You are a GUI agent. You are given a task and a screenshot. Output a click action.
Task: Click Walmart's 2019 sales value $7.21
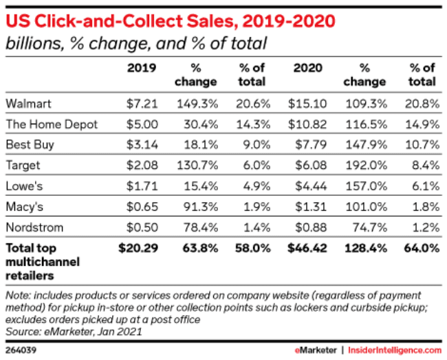tap(142, 103)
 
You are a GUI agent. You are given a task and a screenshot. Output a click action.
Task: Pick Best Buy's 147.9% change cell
tap(368, 145)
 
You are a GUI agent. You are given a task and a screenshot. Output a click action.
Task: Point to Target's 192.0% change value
tap(368, 166)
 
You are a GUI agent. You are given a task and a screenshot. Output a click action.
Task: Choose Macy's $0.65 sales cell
tap(141, 207)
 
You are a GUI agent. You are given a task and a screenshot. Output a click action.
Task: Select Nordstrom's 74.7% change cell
tap(369, 227)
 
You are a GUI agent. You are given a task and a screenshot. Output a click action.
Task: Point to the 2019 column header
tap(142, 69)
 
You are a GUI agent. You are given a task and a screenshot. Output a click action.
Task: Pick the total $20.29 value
tap(140, 247)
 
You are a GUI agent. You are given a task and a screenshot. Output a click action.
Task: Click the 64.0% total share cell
tap(422, 247)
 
